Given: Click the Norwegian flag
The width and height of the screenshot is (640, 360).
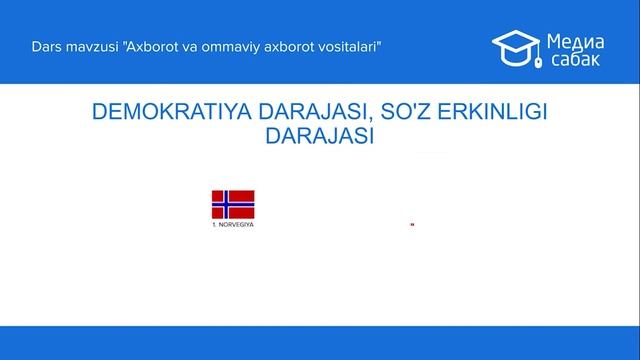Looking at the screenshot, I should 232,204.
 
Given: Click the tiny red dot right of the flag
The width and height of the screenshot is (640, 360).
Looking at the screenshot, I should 412,224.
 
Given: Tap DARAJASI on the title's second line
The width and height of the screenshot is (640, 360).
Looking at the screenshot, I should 320,137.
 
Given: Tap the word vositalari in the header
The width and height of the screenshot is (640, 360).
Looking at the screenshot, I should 351,47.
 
